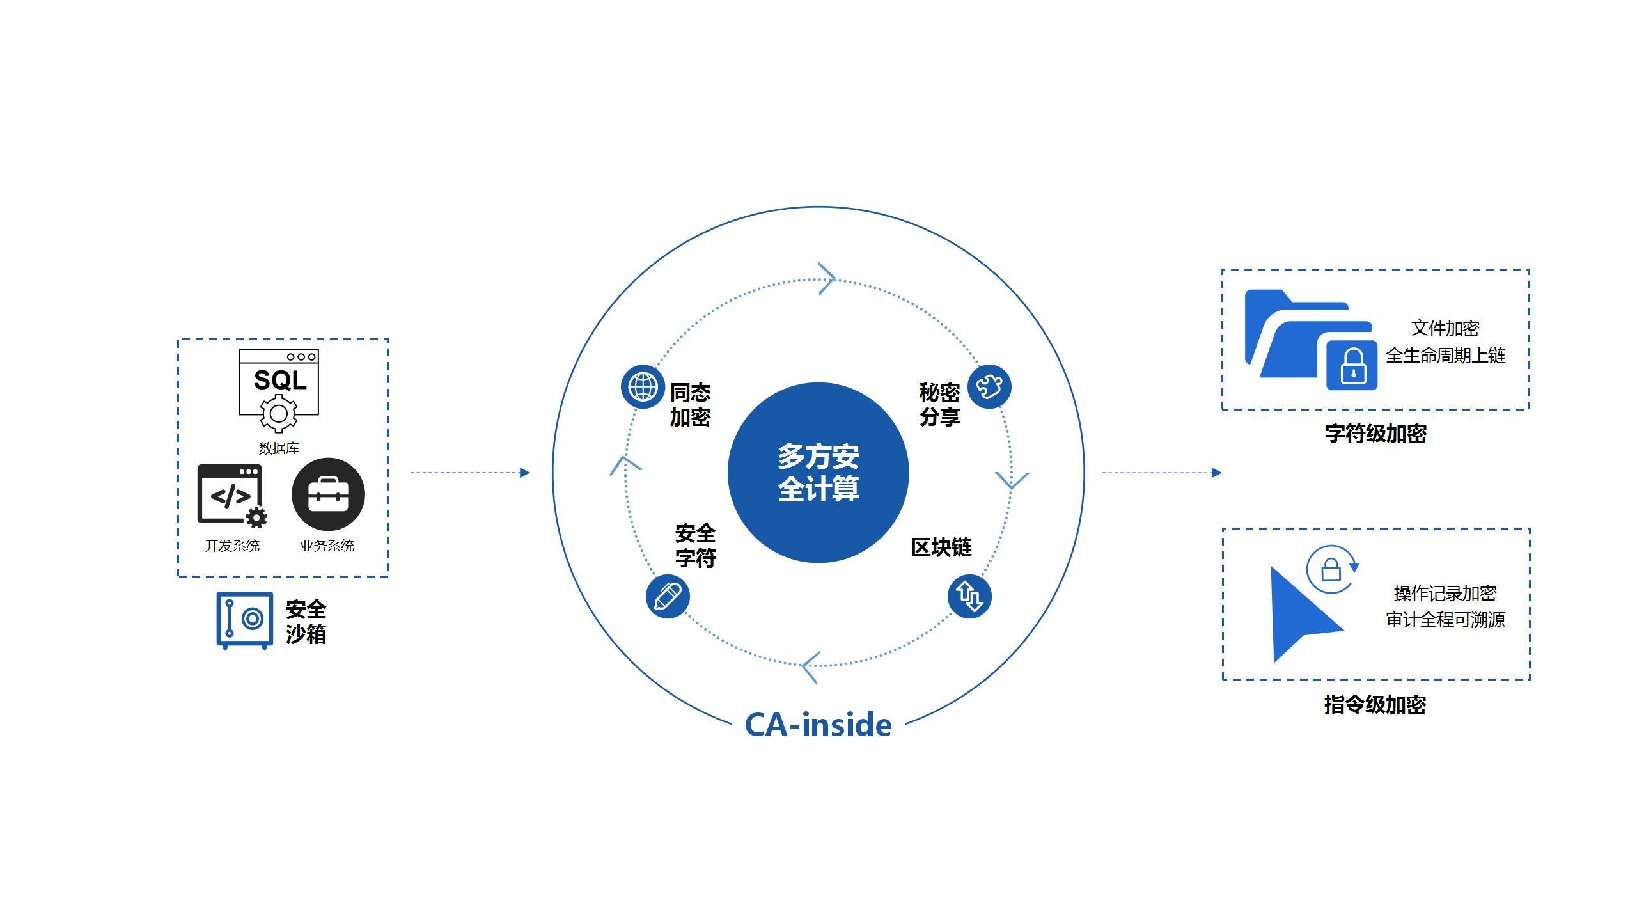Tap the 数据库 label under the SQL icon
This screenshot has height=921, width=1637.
pos(279,448)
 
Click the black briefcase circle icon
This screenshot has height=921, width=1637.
pos(328,494)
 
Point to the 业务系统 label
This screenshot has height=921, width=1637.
pos(327,546)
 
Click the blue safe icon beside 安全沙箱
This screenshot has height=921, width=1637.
pos(244,620)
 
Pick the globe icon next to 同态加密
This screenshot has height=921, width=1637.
pos(643,387)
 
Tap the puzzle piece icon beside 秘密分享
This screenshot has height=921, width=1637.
pos(989,386)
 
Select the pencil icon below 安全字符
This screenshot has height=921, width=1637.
pos(668,597)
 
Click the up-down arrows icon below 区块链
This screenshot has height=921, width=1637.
pos(969,597)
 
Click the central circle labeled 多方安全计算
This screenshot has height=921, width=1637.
pos(818,473)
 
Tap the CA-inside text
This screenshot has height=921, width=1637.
pos(818,725)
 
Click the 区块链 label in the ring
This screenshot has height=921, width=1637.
pos(941,547)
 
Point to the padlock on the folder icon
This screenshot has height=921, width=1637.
pos(1352,365)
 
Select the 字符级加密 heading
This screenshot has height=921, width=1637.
pos(1375,434)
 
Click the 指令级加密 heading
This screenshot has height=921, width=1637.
pos(1375,705)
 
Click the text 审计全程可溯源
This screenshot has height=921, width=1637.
pos(1445,620)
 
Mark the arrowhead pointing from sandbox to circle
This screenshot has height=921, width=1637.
pos(525,473)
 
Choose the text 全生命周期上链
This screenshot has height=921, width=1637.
pos(1445,356)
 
